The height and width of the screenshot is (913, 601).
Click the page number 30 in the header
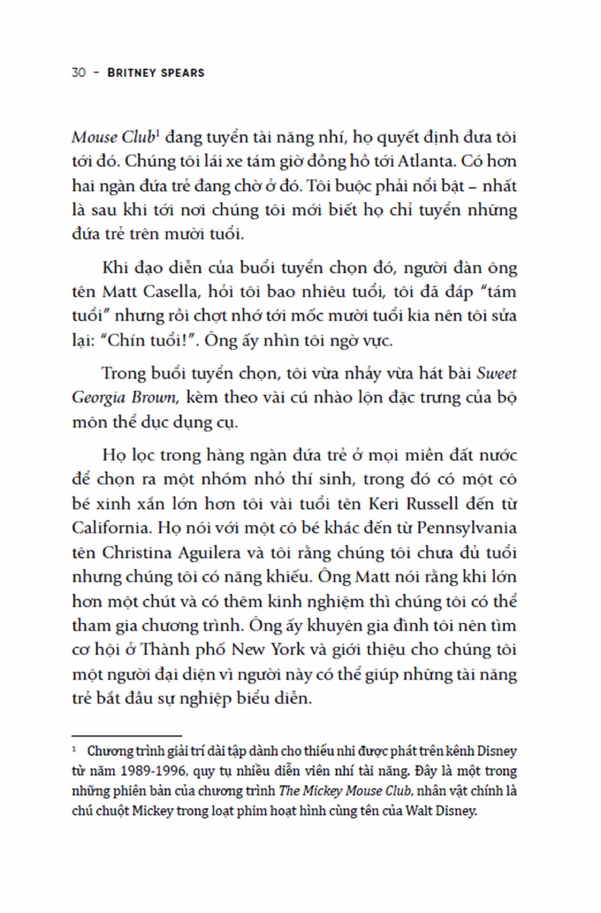click(78, 74)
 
